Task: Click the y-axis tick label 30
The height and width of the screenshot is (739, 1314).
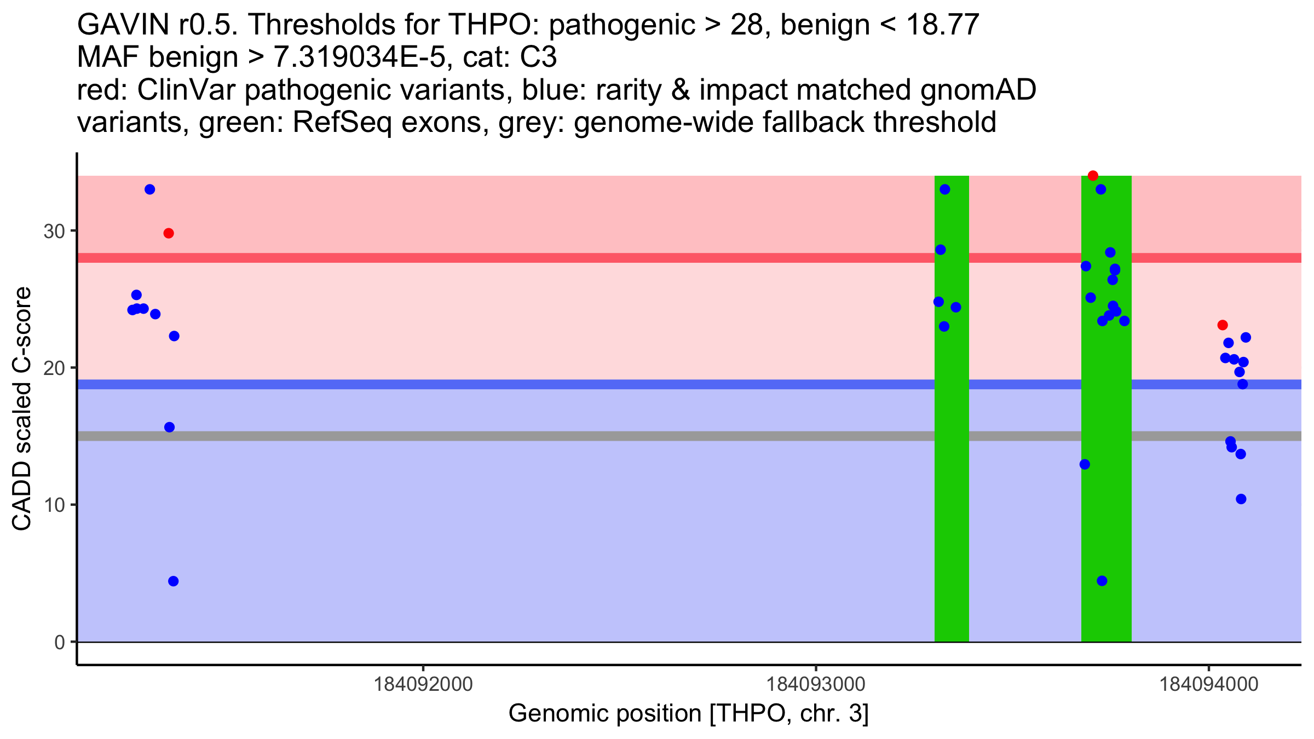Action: pos(54,231)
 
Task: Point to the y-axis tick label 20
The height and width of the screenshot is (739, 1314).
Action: pos(54,368)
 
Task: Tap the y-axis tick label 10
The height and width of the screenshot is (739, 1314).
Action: pos(54,505)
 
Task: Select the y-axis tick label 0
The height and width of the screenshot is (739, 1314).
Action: pos(60,642)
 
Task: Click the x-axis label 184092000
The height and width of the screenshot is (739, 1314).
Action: pos(423,684)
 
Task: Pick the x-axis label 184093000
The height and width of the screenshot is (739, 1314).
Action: pos(816,684)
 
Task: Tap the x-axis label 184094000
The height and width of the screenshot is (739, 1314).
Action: pos(1209,684)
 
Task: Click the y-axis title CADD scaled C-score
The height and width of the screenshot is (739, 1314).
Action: pos(22,409)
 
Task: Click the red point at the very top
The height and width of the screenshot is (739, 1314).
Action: pos(1093,176)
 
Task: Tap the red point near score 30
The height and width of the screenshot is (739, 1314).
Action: pos(169,233)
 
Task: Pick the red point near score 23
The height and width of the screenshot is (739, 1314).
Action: pos(1223,325)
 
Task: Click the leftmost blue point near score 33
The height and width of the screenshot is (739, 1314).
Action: pos(149,189)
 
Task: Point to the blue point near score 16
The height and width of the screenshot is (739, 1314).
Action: pos(169,427)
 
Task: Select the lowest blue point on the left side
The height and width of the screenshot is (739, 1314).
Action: pos(173,581)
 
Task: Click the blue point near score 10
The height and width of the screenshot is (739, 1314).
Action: pos(1241,499)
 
